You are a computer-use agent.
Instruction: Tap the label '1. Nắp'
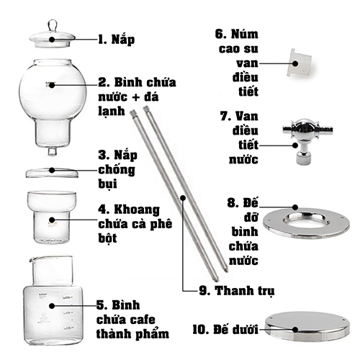pos(117,40)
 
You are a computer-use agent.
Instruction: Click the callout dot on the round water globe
pos(52,85)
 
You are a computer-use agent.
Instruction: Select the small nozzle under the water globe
pos(52,151)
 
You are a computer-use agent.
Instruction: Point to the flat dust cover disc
pos(52,173)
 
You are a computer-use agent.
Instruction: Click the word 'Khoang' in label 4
pos(137,210)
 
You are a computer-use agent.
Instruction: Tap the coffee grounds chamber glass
pos(52,217)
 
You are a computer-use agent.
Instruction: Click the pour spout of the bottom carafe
pos(32,259)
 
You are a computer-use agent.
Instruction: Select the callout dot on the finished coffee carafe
pos(52,306)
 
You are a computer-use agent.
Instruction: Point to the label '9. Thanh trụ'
pos(237,291)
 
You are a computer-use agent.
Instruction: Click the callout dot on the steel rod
pos(183,197)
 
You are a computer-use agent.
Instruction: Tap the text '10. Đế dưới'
pos(225,329)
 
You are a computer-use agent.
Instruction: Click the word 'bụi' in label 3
pos(107,184)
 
